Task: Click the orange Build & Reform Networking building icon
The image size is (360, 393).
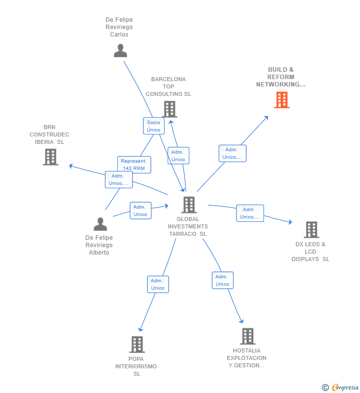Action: tap(281, 100)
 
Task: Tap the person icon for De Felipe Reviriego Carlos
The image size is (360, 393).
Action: tap(120, 50)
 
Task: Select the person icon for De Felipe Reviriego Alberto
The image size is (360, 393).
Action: tap(100, 224)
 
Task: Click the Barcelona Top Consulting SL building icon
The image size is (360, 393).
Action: tap(169, 109)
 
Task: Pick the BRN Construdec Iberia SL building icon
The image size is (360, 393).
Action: tap(50, 157)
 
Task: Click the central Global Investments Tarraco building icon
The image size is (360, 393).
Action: tap(188, 204)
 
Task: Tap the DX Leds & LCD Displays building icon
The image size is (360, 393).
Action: tap(311, 229)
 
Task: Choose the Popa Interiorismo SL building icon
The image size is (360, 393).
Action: tap(136, 344)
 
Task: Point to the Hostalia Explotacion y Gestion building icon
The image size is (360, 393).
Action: tap(247, 336)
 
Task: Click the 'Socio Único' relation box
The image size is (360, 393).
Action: tap(154, 126)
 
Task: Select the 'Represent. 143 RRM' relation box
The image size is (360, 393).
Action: tap(134, 165)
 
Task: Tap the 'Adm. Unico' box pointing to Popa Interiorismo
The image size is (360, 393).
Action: tap(158, 284)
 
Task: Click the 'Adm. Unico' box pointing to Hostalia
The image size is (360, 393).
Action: tap(223, 280)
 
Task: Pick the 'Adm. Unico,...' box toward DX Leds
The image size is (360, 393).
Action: tap(250, 213)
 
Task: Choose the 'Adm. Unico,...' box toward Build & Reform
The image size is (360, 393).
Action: tap(232, 153)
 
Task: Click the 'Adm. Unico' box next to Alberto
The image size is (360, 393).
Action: tap(140, 211)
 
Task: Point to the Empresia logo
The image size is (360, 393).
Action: tap(345, 388)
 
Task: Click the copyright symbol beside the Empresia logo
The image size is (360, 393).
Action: tap(325, 388)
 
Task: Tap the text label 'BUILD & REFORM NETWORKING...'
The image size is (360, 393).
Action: tap(280, 77)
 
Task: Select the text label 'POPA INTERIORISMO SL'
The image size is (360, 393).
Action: tap(136, 366)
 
